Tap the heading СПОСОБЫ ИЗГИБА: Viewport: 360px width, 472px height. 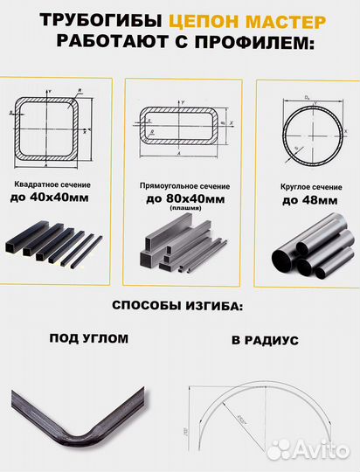click(x=179, y=307)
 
